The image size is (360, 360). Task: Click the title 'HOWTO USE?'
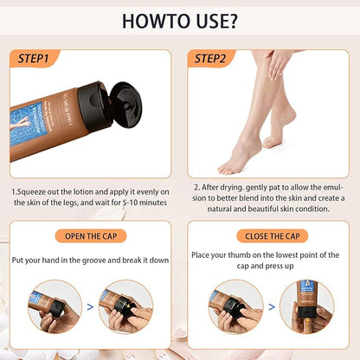179,22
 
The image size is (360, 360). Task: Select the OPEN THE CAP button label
92,235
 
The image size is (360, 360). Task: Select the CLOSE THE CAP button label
267,235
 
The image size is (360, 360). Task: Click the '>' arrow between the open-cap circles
91,305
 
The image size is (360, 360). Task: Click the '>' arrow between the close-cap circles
267,305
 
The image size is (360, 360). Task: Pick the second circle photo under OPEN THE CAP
125,305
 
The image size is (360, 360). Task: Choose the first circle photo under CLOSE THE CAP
233,305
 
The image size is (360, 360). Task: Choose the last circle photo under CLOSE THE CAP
305,305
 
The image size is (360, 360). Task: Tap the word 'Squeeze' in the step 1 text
35,189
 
